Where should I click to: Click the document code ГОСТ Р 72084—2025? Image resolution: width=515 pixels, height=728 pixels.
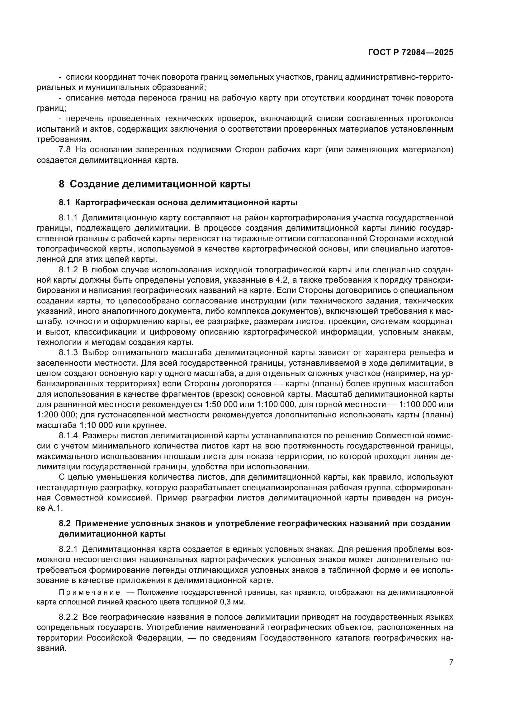[x=411, y=53]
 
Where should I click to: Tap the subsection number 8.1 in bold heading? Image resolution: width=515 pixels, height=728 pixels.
[x=65, y=202]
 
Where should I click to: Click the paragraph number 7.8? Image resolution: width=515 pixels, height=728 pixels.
[x=65, y=150]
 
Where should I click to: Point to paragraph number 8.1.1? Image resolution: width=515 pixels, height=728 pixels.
[x=68, y=218]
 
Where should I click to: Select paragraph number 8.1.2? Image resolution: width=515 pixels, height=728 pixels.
[x=68, y=270]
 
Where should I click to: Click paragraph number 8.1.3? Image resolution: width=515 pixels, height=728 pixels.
[x=68, y=353]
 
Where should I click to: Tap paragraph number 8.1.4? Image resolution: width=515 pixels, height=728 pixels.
[x=68, y=436]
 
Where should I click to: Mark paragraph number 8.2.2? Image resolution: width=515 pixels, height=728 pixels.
[x=68, y=617]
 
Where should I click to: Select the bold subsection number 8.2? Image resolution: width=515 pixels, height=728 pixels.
[x=65, y=524]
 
